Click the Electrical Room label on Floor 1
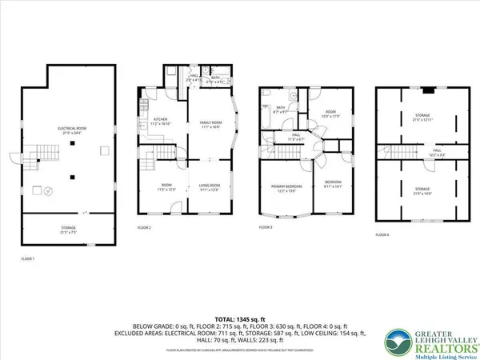coord(67,130)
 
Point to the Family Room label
coord(210,122)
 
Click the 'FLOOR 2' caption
coord(144,227)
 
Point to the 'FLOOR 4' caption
coord(382,234)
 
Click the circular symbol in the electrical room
coord(47,190)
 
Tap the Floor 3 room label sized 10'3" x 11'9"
coord(330,114)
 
